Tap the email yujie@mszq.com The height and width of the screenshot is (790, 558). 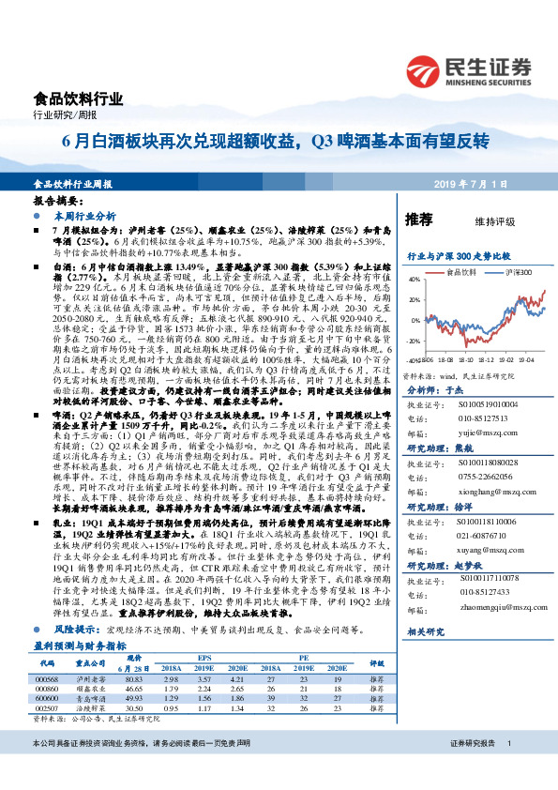pyautogui.click(x=477, y=409)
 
